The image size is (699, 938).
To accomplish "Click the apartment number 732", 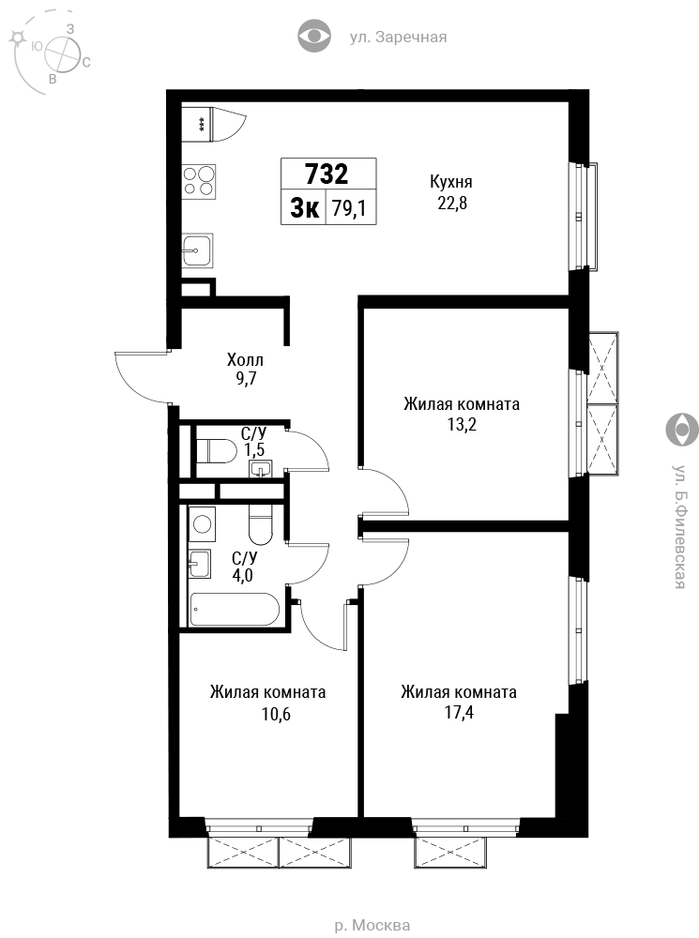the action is (327, 174).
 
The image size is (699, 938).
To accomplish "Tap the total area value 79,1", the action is (349, 209).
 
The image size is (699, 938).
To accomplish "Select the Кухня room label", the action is (451, 181).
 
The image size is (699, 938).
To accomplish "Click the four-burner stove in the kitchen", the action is (199, 181).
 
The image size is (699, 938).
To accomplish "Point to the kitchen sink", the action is (197, 250).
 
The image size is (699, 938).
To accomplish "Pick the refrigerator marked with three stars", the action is (198, 125).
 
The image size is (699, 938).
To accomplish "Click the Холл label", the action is (245, 360).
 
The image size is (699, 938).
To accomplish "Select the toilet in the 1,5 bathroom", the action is (216, 450).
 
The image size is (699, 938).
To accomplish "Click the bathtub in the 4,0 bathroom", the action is (235, 610).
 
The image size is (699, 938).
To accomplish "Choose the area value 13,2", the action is (462, 425).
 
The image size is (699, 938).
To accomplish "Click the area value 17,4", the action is (459, 713).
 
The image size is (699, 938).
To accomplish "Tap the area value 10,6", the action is (276, 714).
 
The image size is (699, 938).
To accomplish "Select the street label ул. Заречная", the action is (398, 38).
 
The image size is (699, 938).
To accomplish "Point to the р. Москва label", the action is (372, 926).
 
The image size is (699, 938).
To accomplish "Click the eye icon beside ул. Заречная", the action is (314, 36).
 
